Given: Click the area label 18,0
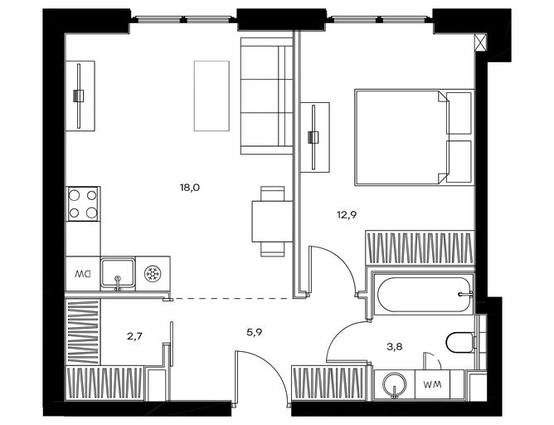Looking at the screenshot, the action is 190,188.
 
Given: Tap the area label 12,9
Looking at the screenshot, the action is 347,215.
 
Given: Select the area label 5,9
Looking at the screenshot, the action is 255,332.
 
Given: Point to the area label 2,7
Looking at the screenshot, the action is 134,336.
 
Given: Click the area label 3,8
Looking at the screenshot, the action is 394,347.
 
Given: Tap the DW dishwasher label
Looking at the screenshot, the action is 83,274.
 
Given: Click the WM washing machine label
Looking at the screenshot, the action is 432,384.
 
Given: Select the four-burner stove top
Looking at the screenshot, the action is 83,204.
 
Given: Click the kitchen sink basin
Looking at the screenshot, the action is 118,272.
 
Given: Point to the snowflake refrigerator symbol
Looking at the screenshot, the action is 153,274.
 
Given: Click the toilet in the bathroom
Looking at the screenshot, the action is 460,342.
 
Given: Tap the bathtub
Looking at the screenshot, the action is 425,294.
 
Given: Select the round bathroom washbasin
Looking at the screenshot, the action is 394,385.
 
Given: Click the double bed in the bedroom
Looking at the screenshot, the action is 414,137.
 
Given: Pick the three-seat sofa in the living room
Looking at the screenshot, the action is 267,96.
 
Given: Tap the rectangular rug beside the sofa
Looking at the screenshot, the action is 211,95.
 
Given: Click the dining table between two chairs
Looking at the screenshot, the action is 272,222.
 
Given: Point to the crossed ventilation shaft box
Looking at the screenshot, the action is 480,42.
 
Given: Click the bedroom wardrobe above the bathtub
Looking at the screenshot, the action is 420,247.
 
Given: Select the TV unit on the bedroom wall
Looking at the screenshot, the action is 315,137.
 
